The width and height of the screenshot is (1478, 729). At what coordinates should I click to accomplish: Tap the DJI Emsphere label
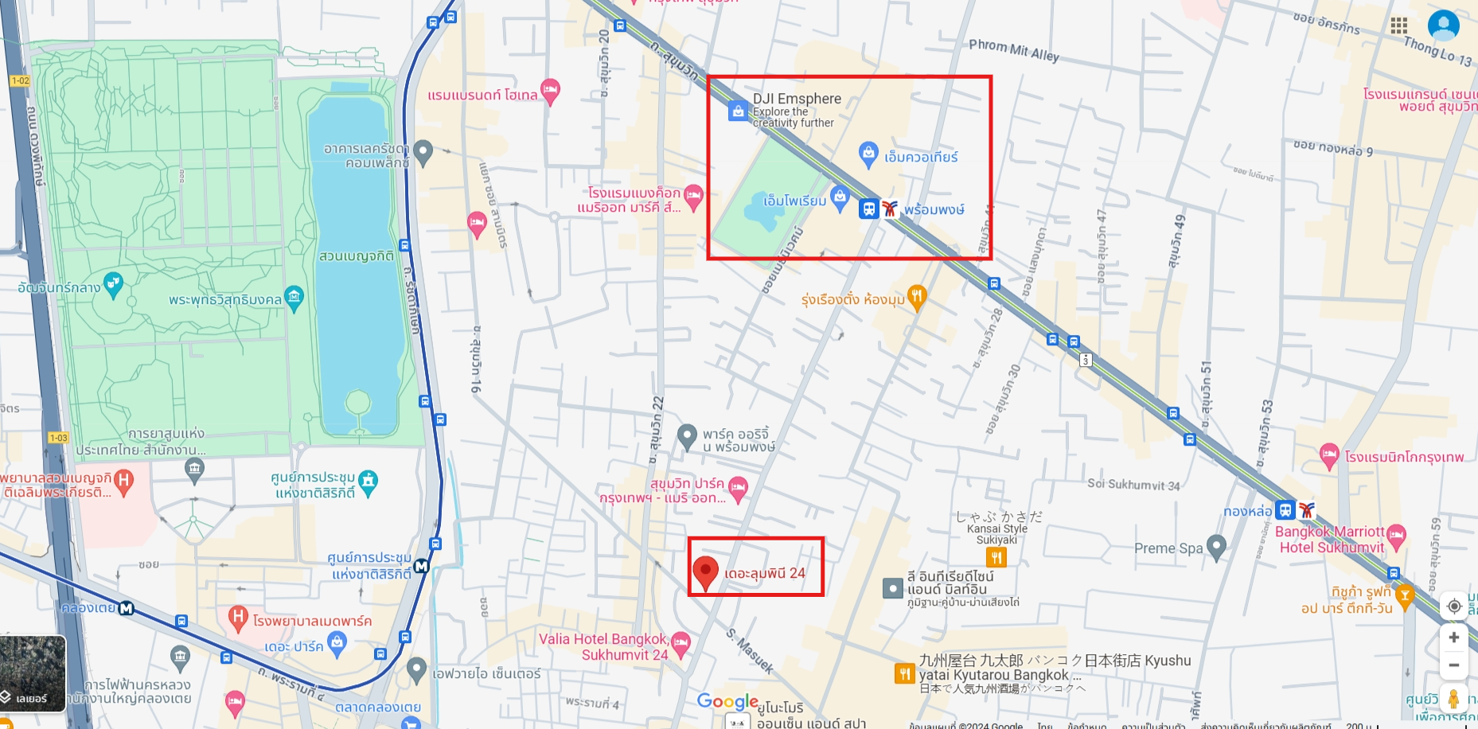tap(797, 99)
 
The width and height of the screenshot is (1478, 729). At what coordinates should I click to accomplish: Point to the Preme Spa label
tap(1168, 548)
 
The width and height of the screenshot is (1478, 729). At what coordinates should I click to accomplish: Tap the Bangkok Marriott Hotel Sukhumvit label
tap(1331, 540)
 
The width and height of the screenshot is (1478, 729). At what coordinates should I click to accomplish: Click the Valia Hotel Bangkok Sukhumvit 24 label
tap(603, 647)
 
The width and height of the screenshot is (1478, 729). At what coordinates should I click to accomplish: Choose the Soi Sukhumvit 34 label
tap(1133, 485)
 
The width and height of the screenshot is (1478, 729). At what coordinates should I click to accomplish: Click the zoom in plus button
tap(1453, 637)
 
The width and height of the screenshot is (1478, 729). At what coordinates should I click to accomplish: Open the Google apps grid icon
tap(1399, 25)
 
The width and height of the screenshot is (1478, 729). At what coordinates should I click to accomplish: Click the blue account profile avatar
tap(1443, 25)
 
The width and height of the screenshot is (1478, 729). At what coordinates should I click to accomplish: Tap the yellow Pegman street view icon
tap(1453, 699)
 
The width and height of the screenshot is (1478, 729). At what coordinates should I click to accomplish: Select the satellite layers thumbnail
tap(33, 673)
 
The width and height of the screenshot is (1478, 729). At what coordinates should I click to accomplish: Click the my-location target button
tap(1453, 606)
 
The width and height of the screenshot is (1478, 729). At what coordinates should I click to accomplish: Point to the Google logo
tap(727, 701)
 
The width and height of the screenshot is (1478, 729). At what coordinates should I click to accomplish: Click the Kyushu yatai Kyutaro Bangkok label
tap(1055, 668)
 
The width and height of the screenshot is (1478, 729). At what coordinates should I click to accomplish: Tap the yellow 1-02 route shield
tap(20, 80)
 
